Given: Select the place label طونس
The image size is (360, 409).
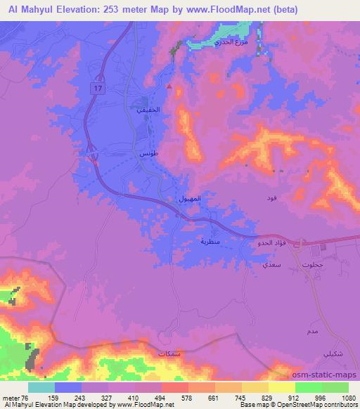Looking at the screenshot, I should point(147,152).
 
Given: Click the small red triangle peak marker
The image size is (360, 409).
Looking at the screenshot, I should point(169,86).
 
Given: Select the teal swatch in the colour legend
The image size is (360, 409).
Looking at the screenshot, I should point(41,387).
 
